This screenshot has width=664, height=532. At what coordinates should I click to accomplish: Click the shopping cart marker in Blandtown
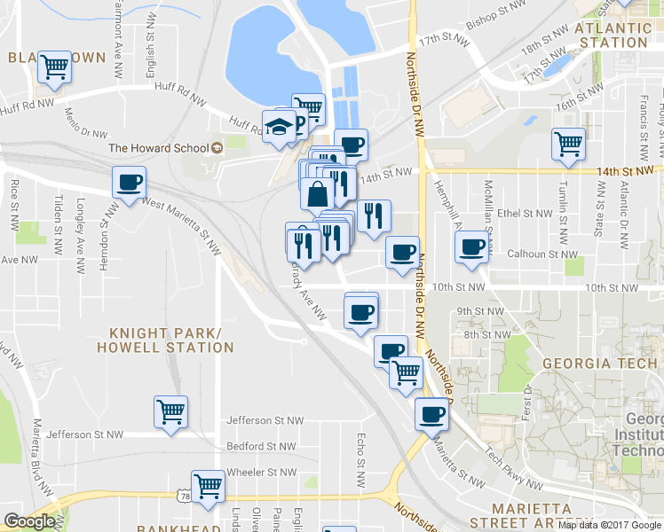(55, 66)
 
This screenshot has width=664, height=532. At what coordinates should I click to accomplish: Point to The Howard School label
(158, 148)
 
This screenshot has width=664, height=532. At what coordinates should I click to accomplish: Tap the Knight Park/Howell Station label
(171, 340)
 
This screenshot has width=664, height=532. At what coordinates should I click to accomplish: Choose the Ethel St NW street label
(525, 213)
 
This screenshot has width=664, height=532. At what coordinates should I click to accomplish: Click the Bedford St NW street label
(265, 446)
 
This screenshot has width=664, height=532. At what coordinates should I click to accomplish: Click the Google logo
(29, 521)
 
